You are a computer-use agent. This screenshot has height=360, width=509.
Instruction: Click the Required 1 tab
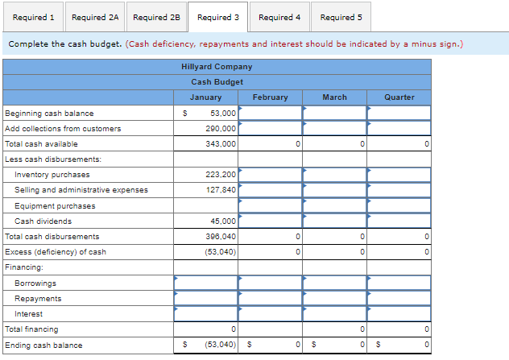(x=34, y=17)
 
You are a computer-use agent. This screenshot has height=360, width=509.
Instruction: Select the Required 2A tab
(x=95, y=17)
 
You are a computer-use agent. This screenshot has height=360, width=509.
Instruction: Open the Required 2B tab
(x=156, y=17)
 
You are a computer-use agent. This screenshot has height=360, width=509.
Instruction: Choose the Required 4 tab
(x=279, y=17)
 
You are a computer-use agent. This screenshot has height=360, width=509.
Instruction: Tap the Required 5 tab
(x=341, y=17)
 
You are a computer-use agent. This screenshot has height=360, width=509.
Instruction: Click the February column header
(x=270, y=97)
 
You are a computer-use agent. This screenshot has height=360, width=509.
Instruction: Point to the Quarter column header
(x=399, y=97)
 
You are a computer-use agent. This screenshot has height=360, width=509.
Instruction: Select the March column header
(x=334, y=97)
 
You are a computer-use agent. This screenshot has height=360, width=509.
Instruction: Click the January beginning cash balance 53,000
(x=222, y=114)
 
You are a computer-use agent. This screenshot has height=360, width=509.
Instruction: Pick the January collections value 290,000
(x=221, y=129)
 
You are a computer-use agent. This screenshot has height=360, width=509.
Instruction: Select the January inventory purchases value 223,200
(x=221, y=175)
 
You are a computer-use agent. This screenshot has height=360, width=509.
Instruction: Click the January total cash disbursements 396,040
(x=221, y=237)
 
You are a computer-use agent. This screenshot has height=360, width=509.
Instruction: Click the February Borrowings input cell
(x=270, y=283)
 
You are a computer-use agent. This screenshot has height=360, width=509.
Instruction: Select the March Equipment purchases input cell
(x=334, y=206)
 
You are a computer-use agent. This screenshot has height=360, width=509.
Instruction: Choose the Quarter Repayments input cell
(x=399, y=299)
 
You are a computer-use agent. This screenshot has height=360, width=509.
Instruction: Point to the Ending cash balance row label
(x=43, y=346)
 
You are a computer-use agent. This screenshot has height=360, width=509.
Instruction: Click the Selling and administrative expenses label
(x=81, y=190)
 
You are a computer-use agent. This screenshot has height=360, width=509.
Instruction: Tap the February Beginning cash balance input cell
(x=270, y=114)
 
